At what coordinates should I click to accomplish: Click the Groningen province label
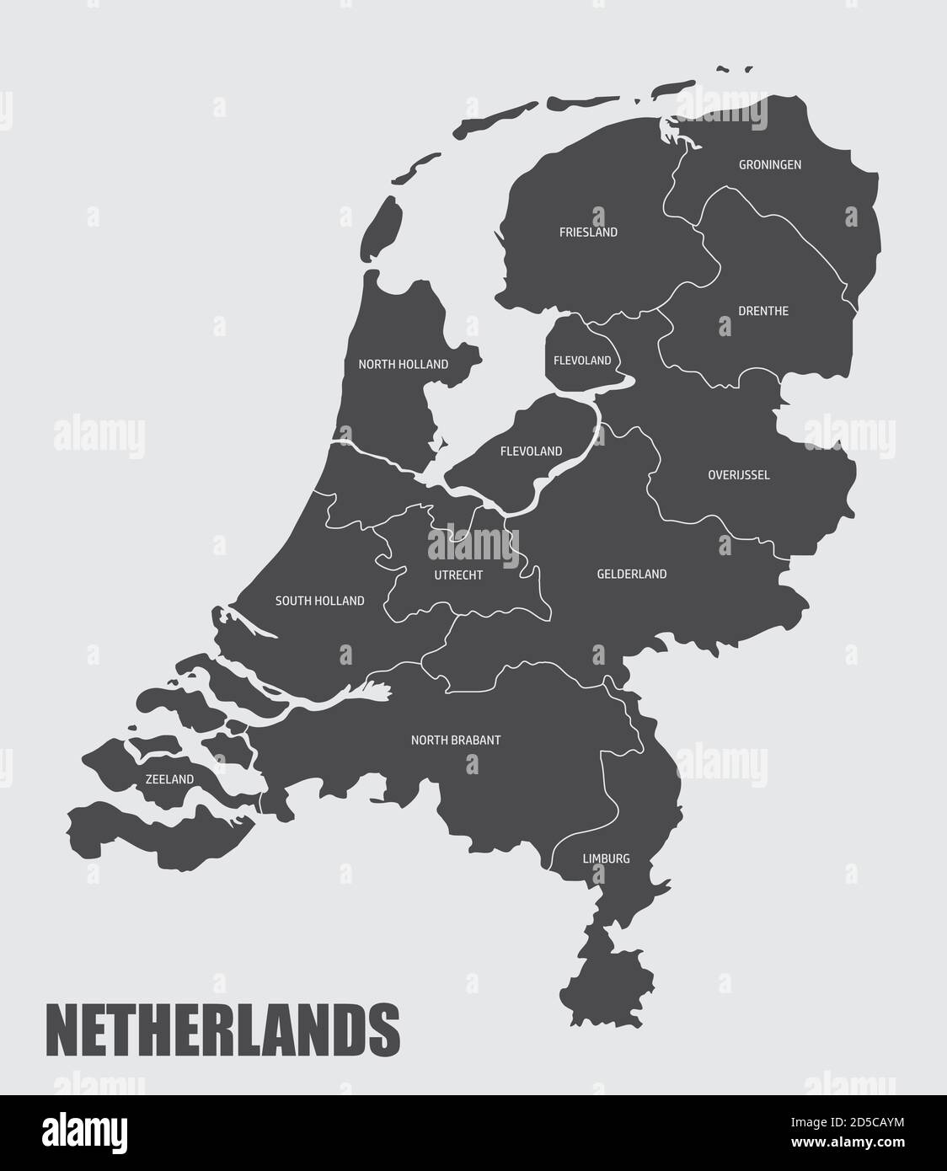[769, 165]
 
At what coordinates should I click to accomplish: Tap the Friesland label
[588, 232]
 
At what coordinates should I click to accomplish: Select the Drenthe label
[763, 311]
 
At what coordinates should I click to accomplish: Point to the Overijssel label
[738, 475]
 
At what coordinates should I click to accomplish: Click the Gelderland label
[631, 575]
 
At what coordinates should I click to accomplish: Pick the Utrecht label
[458, 575]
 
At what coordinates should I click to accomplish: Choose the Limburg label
[606, 859]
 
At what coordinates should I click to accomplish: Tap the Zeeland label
[169, 780]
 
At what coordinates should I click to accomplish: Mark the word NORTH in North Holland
[375, 365]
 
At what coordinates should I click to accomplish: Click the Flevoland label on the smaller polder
[582, 361]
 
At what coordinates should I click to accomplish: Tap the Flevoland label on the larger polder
[531, 452]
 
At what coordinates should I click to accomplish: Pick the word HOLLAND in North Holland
[425, 365]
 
